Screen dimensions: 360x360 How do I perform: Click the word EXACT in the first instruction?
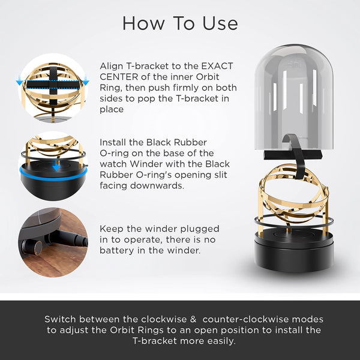217,66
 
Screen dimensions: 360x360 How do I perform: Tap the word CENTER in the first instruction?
119,77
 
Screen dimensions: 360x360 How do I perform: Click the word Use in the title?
220,23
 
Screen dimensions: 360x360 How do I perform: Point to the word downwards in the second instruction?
157,185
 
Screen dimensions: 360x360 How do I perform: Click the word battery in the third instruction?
116,250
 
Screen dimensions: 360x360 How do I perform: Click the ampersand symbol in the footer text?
193,319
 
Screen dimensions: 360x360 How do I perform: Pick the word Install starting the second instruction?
113,142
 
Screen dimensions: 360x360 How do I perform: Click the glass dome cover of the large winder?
294,97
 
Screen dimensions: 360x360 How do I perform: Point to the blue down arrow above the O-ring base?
56,167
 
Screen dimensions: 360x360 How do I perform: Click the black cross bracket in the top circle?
53,85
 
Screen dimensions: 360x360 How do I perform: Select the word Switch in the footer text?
60,319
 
